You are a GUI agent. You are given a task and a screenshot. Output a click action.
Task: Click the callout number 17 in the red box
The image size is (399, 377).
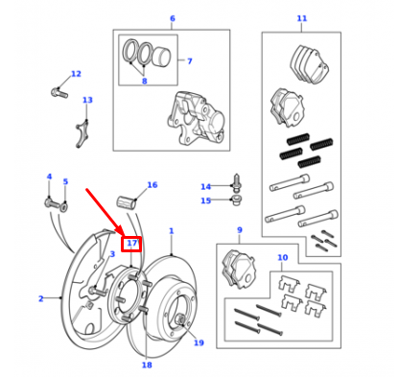132,244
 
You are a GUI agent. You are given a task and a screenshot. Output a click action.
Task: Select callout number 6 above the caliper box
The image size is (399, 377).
172,18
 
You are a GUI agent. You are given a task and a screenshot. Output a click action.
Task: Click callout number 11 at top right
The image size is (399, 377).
301,18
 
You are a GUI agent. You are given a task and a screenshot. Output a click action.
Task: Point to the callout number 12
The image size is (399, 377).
76,74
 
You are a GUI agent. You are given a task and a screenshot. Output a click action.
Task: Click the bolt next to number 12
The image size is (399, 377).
57,93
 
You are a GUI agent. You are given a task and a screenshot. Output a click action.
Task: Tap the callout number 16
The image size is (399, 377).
152,184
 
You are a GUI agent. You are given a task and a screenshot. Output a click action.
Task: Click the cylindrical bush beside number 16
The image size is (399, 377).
127,201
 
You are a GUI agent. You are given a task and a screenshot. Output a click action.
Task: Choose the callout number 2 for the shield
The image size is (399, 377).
40,298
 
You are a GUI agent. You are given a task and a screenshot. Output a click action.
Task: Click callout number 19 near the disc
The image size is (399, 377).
199,342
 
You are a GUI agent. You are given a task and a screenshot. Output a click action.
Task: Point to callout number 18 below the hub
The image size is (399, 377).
147,365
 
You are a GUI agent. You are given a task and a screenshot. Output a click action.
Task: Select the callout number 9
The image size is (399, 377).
239,230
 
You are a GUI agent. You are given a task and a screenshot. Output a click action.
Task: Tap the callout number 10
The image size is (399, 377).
282,258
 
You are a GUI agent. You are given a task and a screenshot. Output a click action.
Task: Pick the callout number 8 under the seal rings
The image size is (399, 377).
145,82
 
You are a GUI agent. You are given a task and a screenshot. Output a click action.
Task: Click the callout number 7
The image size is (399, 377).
189,60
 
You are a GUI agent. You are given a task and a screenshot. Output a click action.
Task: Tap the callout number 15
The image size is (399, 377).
205,200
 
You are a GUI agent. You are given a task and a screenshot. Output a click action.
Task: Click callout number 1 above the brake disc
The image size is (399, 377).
172,230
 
